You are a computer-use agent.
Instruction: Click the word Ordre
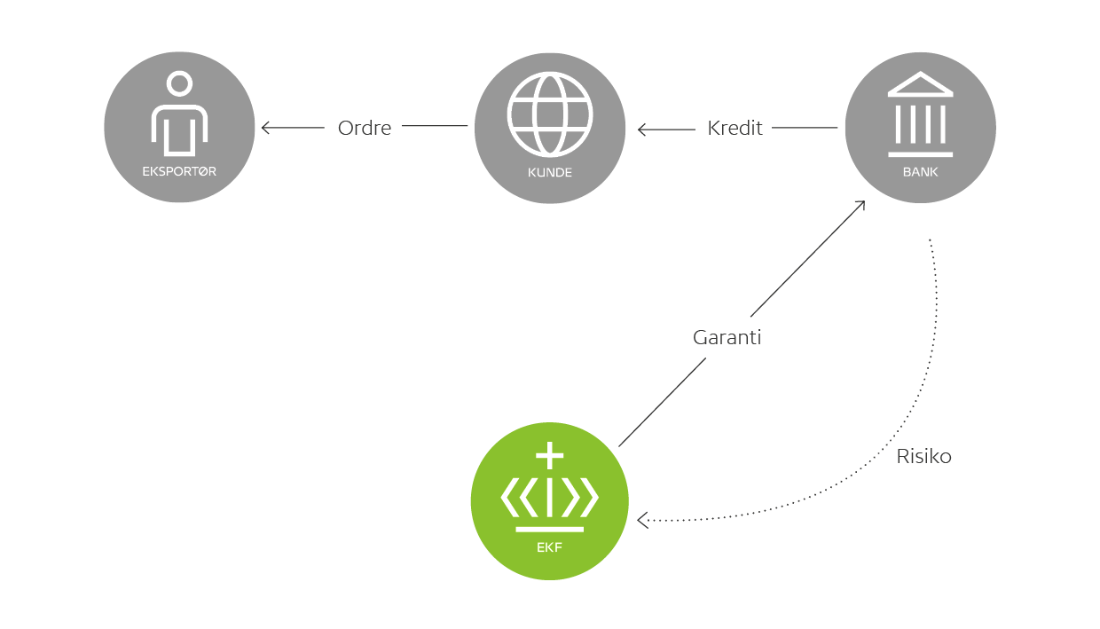[x=365, y=128]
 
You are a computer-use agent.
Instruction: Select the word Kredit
[x=735, y=128]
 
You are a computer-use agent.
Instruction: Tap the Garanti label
[x=727, y=338]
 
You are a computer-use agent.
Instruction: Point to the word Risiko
[x=923, y=457]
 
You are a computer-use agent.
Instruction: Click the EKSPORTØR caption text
[x=179, y=172]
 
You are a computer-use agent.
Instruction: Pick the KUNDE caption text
[x=550, y=173]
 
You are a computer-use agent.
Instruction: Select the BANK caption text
[x=920, y=172]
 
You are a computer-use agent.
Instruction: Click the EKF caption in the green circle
[x=550, y=547]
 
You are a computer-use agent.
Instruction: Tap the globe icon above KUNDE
[x=550, y=114]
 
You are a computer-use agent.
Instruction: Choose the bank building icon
[x=920, y=109]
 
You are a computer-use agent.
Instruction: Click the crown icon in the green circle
[x=550, y=492]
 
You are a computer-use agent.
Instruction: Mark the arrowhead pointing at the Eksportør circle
[x=264, y=128]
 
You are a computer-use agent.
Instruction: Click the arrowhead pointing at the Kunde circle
[x=641, y=130]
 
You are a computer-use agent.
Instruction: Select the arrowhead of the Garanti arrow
[x=860, y=205]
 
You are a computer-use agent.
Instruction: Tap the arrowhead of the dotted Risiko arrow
[x=641, y=521]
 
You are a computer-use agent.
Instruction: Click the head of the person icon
[x=179, y=84]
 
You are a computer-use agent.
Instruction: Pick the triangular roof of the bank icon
[x=920, y=85]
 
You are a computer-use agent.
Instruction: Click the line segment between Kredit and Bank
[x=804, y=128]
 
